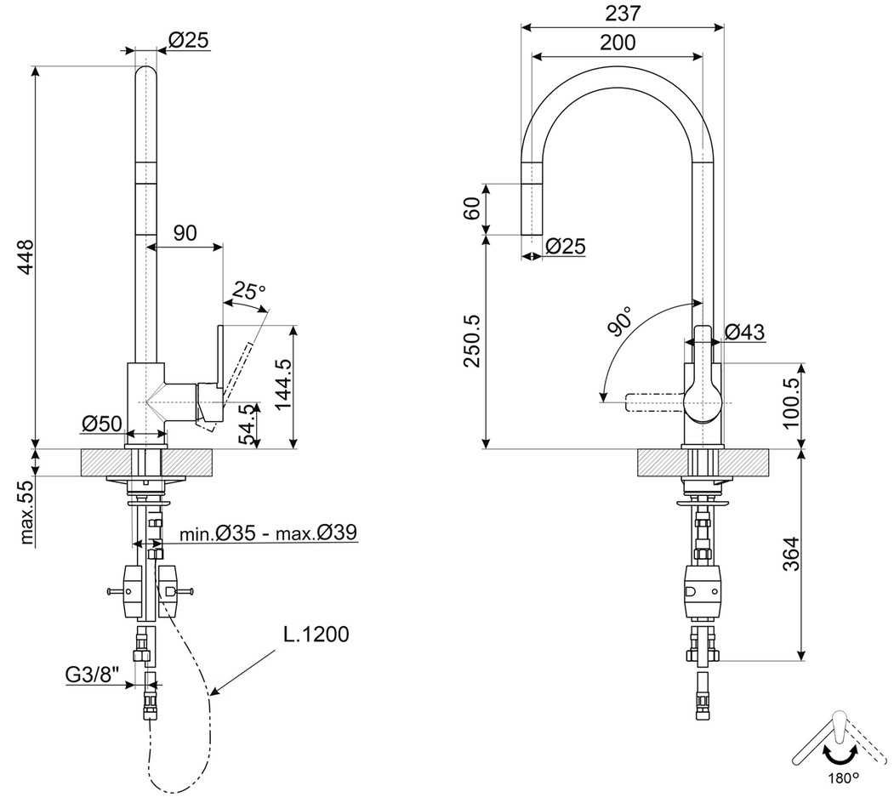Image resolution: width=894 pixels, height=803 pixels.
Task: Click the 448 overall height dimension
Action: coord(24,257)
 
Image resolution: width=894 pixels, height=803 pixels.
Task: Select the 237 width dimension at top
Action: coord(623,13)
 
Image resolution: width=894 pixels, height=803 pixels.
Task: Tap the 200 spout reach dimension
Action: coord(618,43)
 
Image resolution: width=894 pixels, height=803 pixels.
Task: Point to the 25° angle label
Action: coord(248,291)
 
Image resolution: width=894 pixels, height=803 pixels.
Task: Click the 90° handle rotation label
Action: coord(620,321)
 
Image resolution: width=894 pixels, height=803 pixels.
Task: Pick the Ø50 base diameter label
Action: coord(102,423)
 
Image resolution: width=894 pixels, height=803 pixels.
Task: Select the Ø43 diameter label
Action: coord(744,332)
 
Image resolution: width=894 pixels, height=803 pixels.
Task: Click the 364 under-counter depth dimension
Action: coord(792,554)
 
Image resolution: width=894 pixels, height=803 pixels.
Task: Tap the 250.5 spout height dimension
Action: coord(472,340)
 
